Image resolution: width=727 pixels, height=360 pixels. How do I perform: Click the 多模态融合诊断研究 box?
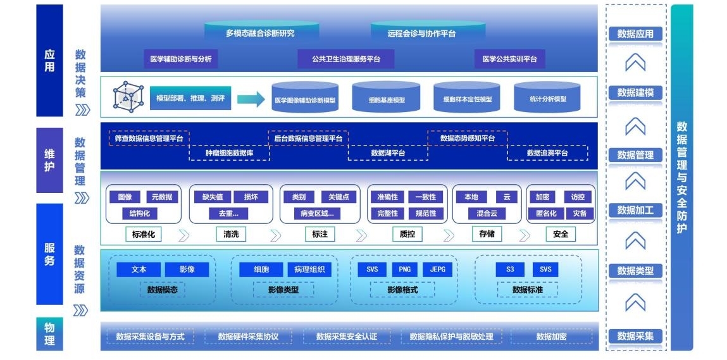point(260,33)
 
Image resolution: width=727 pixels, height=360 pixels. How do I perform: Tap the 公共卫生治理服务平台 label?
point(345,59)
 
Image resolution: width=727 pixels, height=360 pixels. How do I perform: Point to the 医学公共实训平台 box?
point(509,59)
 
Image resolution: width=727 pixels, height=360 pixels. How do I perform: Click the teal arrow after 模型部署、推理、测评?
point(251,99)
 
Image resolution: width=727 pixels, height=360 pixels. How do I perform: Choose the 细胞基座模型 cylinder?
point(386,99)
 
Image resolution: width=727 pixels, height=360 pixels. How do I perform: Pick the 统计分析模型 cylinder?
point(548,99)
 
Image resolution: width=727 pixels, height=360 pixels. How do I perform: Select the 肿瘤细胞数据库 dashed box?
point(229,153)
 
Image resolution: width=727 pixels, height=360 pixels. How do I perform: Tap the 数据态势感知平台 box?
point(468,138)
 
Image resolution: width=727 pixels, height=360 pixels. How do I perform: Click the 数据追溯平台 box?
point(547,153)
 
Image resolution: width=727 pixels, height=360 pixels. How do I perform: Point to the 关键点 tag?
point(339,197)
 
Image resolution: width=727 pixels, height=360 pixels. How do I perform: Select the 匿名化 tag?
point(545,213)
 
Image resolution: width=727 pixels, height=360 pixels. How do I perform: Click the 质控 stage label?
point(407,234)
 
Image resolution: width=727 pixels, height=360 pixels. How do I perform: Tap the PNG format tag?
point(404,269)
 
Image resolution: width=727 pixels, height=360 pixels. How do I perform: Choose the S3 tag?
point(510,269)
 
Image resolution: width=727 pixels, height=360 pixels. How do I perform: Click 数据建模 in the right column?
point(635,93)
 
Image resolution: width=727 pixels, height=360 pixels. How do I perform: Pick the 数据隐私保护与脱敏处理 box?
point(451,337)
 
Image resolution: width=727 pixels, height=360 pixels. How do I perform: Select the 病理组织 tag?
point(309,269)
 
